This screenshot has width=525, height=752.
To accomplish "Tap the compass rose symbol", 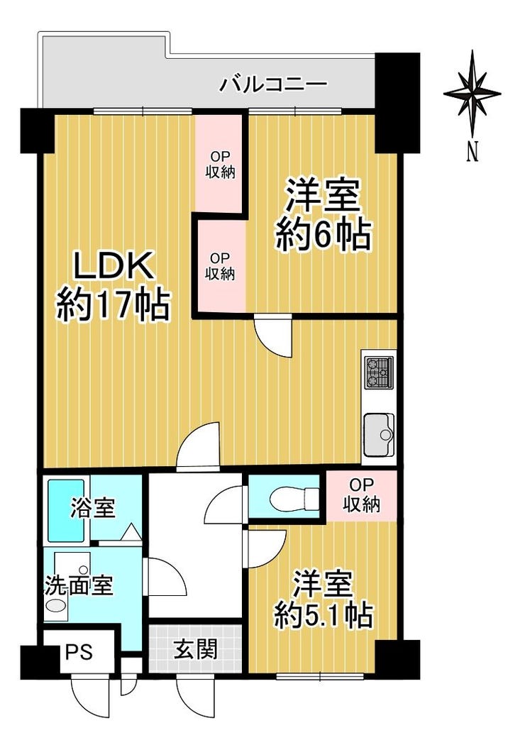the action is click(472, 93).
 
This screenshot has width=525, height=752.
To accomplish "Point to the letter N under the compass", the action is click(472, 152).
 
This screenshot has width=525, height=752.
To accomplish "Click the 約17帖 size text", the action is click(113, 305).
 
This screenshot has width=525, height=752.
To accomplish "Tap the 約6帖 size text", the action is click(323, 234).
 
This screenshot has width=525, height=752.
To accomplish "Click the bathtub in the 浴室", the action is click(66, 510).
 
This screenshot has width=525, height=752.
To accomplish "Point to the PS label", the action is click(79, 652).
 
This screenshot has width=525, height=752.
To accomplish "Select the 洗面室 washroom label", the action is click(79, 585).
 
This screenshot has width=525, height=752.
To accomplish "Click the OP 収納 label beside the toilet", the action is click(362, 494).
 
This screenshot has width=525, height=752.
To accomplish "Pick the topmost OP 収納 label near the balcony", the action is click(220, 165).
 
